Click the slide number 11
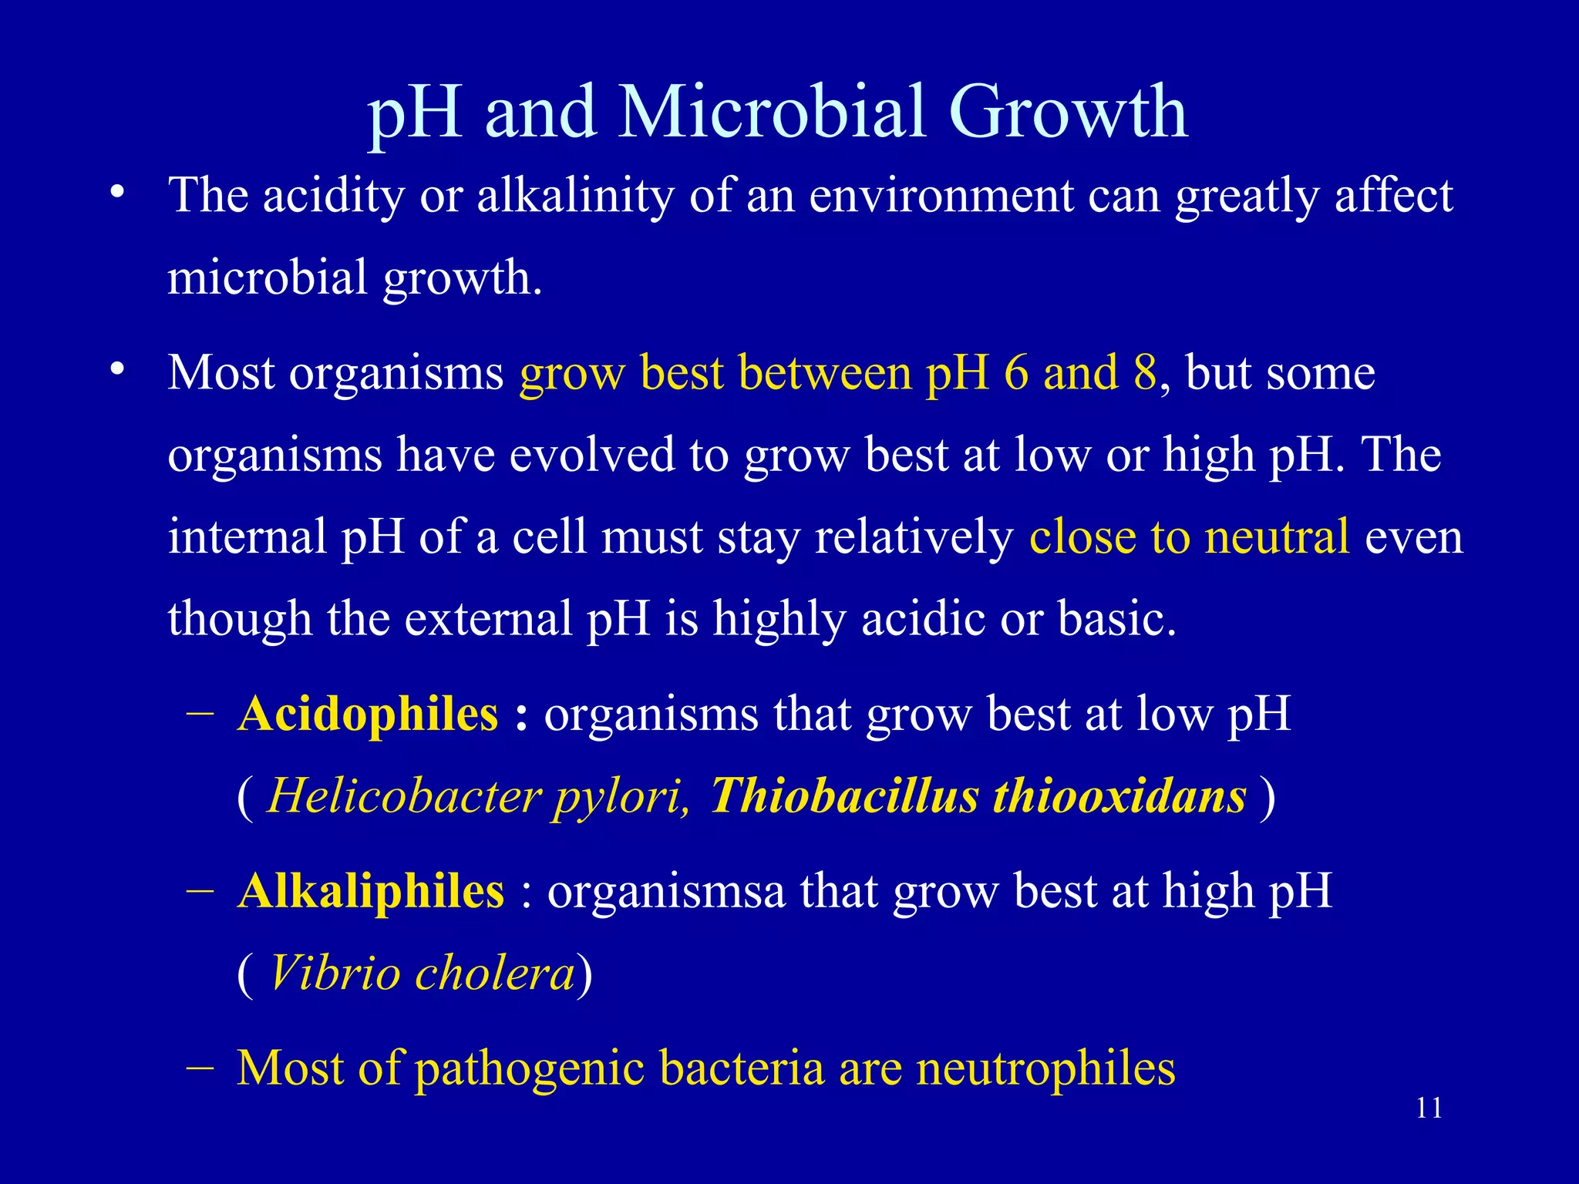[x=1429, y=1108]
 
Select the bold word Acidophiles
[x=369, y=714]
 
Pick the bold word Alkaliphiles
[x=371, y=891]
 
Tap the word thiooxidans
[x=1119, y=795]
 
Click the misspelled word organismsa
[x=666, y=891]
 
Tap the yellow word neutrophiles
[x=1045, y=1068]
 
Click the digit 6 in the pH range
[x=1016, y=373]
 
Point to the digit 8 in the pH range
[x=1145, y=373]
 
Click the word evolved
[x=591, y=455]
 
